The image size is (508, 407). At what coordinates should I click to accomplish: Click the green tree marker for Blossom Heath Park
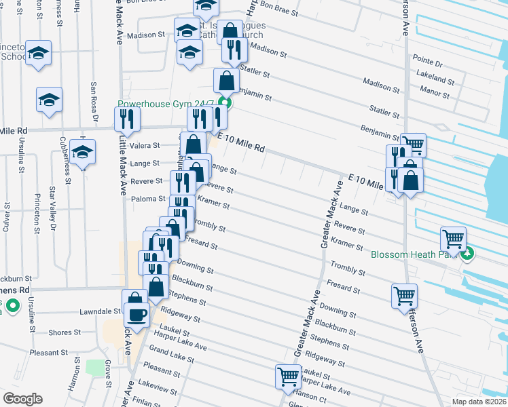467,254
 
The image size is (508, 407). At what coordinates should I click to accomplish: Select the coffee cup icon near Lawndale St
137,315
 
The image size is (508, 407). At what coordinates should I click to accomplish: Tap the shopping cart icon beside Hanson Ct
288,376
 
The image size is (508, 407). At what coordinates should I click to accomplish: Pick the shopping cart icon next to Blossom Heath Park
453,238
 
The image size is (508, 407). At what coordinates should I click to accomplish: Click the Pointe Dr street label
428,63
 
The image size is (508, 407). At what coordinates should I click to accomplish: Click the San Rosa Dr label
94,102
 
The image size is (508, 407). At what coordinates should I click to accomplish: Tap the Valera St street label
146,145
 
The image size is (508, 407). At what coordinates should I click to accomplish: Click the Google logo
22,399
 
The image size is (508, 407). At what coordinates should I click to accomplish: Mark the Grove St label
108,374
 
